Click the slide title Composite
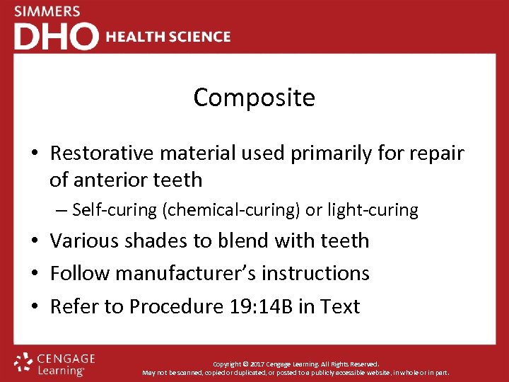point(255,98)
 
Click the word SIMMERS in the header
point(47,11)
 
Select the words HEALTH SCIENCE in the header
point(168,37)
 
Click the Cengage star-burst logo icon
point(24,362)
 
